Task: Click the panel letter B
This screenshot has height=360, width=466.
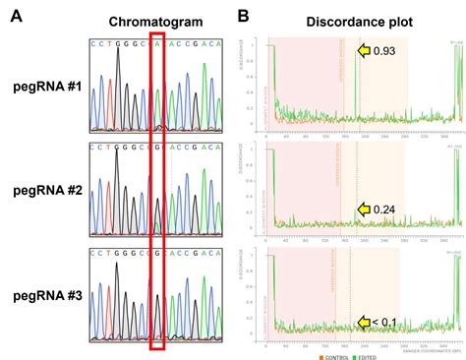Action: click(x=244, y=15)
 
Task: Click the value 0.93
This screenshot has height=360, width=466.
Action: click(x=384, y=50)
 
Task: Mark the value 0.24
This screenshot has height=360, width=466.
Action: click(x=384, y=208)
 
